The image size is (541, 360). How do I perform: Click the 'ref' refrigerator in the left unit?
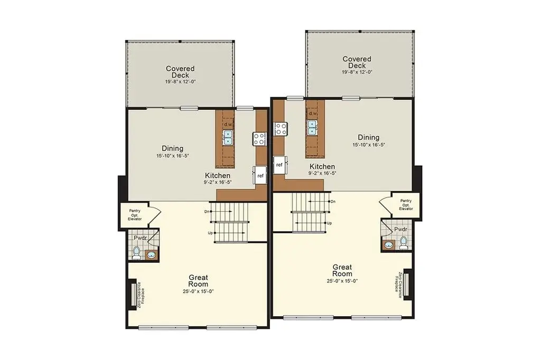pos(260,175)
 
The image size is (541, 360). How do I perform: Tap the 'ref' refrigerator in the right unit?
pos(280,165)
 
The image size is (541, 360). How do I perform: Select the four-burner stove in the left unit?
pos(259,139)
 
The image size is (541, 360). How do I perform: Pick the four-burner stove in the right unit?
pos(281,129)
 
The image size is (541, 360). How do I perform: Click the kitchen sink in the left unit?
pos(228,137)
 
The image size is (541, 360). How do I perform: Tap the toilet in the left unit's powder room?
pos(137,253)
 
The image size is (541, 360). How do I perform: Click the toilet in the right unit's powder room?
pos(403,242)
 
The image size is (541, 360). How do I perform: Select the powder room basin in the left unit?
pos(151,255)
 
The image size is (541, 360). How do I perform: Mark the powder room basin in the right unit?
pos(388,245)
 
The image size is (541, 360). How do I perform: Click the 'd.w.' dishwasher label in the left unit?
pos(228,124)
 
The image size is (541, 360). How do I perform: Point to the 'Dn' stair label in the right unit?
pos(333,202)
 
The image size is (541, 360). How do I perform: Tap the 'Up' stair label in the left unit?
pos(210,233)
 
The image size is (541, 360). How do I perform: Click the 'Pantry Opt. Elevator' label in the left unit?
pos(135,215)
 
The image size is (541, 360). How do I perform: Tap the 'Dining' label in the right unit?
pos(368,137)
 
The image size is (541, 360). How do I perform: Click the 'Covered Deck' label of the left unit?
pos(181,72)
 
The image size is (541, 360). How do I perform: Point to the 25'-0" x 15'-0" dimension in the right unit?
pos(342,281)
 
